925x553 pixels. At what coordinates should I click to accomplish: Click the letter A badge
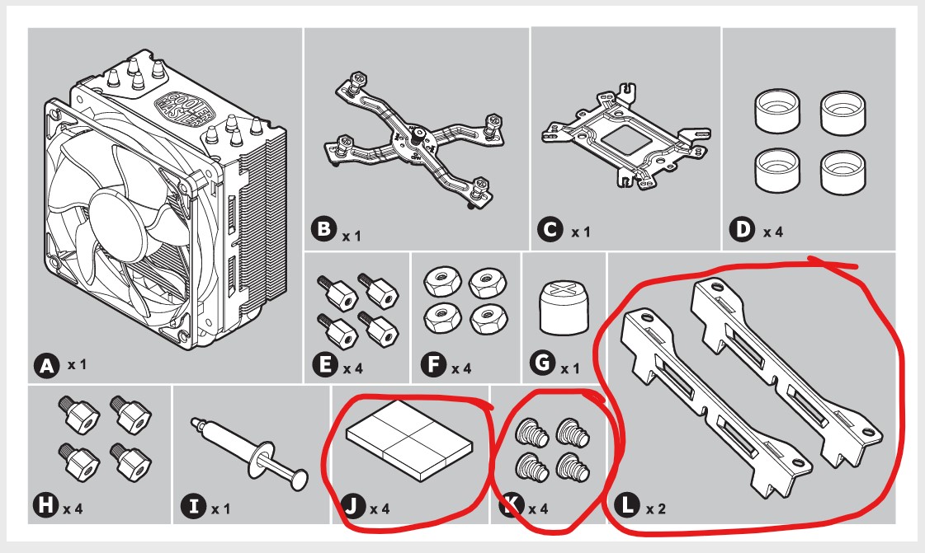click(46, 365)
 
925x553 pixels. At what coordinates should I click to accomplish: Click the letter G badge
click(543, 366)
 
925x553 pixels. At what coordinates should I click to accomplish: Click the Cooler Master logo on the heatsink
click(177, 106)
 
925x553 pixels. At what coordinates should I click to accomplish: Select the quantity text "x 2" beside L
click(656, 508)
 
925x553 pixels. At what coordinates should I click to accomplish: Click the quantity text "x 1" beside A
click(77, 363)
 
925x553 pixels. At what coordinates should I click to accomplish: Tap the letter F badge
click(433, 366)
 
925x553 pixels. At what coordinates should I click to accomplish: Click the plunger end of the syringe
click(300, 478)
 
